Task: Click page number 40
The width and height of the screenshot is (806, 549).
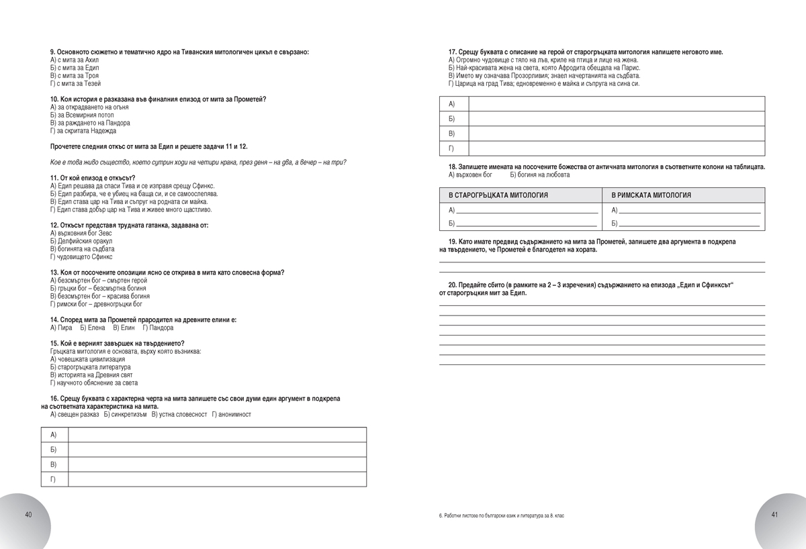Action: [28, 515]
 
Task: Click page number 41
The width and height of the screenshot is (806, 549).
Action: [774, 515]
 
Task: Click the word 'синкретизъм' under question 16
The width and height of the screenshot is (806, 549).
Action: [124, 414]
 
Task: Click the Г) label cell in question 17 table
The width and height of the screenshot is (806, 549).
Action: [453, 148]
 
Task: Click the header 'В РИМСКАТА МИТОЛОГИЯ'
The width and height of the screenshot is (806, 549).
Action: [651, 195]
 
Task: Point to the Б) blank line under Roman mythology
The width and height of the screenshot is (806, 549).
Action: [688, 223]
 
